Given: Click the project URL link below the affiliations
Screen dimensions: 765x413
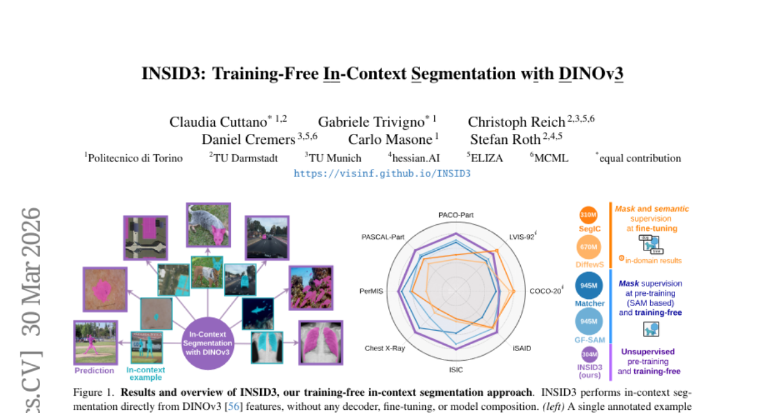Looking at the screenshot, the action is (x=382, y=173).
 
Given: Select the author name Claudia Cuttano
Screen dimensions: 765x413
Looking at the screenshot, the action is (x=218, y=122).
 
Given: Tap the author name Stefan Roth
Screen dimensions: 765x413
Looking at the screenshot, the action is (x=506, y=139).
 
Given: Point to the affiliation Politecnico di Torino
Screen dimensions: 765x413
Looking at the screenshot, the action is (x=135, y=158).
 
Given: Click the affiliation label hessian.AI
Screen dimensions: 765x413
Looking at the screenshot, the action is (x=416, y=158).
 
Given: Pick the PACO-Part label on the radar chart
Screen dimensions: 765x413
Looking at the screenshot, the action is (x=456, y=215).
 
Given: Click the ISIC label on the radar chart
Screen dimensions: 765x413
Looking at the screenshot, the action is (x=456, y=370).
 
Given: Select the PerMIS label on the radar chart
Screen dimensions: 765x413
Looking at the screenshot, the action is (x=371, y=291).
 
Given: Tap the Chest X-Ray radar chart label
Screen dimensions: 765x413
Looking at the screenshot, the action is (x=384, y=348).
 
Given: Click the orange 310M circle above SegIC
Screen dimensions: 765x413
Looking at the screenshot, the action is (x=588, y=215).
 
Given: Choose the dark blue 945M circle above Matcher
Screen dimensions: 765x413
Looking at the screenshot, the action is (x=589, y=286).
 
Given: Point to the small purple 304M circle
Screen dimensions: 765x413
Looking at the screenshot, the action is (x=590, y=354).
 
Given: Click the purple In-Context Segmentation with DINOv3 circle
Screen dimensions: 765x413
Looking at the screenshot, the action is (x=208, y=344).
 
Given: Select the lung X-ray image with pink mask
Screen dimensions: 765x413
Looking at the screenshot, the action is (x=321, y=343).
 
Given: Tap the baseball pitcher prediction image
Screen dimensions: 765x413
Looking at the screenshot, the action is (x=96, y=343).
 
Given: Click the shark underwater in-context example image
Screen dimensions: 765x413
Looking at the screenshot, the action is (x=258, y=314).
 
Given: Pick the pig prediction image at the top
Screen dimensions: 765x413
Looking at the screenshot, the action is (x=208, y=225).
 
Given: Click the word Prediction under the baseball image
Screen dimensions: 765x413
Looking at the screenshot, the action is (x=94, y=371).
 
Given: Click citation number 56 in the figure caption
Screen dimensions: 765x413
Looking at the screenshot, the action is (x=233, y=407).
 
